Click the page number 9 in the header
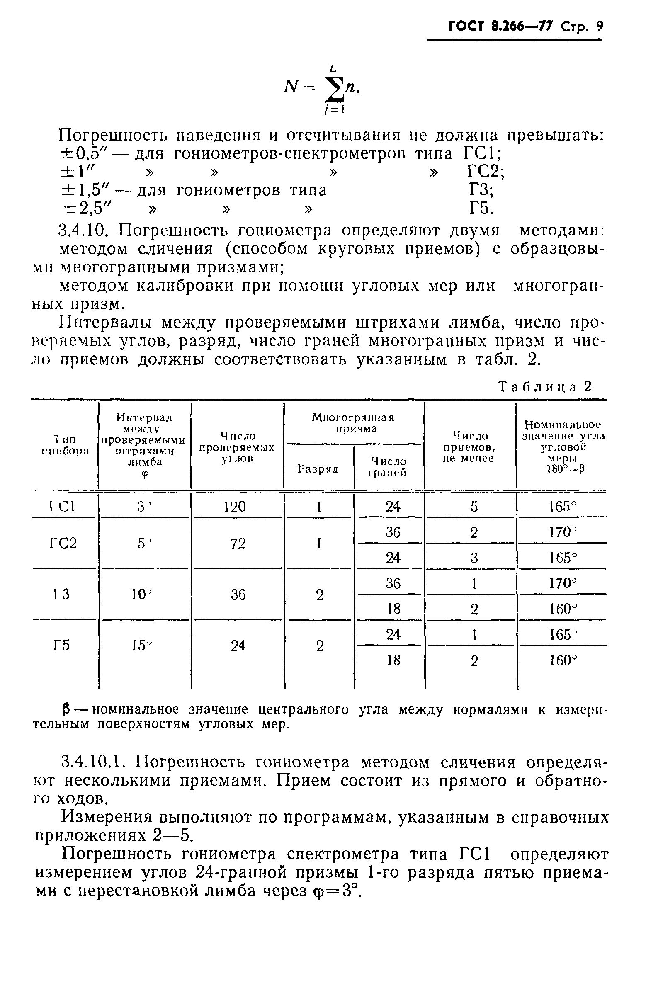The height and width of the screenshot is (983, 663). click(599, 26)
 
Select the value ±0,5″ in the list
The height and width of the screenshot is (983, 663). click(85, 153)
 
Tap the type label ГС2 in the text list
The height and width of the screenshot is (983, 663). click(485, 172)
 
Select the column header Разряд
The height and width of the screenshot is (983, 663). click(318, 468)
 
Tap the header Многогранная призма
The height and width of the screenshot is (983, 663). click(353, 423)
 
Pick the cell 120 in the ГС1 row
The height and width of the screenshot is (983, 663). click(235, 507)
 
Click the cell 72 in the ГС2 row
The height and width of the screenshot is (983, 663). click(238, 543)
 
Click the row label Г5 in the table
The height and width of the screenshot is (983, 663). click(62, 646)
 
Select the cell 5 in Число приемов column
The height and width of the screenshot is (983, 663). click(474, 507)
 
